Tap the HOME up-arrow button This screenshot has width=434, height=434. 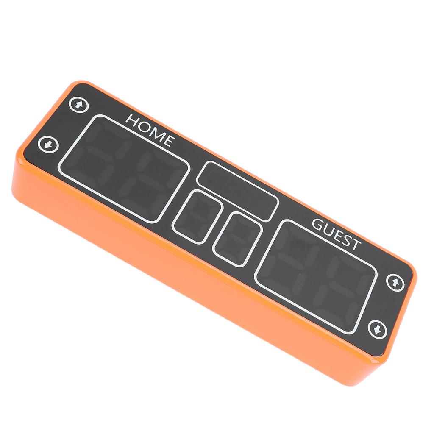78,105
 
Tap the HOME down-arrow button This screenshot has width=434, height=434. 48,144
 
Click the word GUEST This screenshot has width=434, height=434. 337,234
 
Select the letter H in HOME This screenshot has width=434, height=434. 132,120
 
